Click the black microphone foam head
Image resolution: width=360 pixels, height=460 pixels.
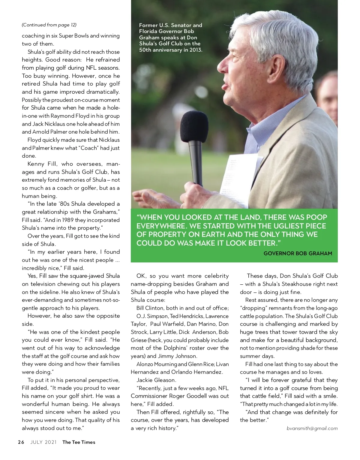tap(194, 127)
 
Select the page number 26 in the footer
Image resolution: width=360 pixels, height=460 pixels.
tap(21, 442)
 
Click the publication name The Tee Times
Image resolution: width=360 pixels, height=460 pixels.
tap(79, 442)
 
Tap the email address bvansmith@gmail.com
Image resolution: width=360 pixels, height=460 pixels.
tap(312, 428)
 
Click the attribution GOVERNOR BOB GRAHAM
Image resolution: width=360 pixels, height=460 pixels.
tap(298, 253)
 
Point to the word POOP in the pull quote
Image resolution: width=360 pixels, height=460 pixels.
tap(315, 217)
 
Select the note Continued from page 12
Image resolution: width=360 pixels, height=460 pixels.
tap(49, 25)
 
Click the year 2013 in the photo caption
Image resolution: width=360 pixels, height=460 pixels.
tap(194, 50)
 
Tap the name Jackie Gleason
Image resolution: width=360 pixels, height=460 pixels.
tap(156, 380)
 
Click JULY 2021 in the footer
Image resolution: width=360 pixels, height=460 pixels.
tap(43, 442)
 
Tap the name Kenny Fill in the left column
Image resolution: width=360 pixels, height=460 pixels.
tap(42, 164)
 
